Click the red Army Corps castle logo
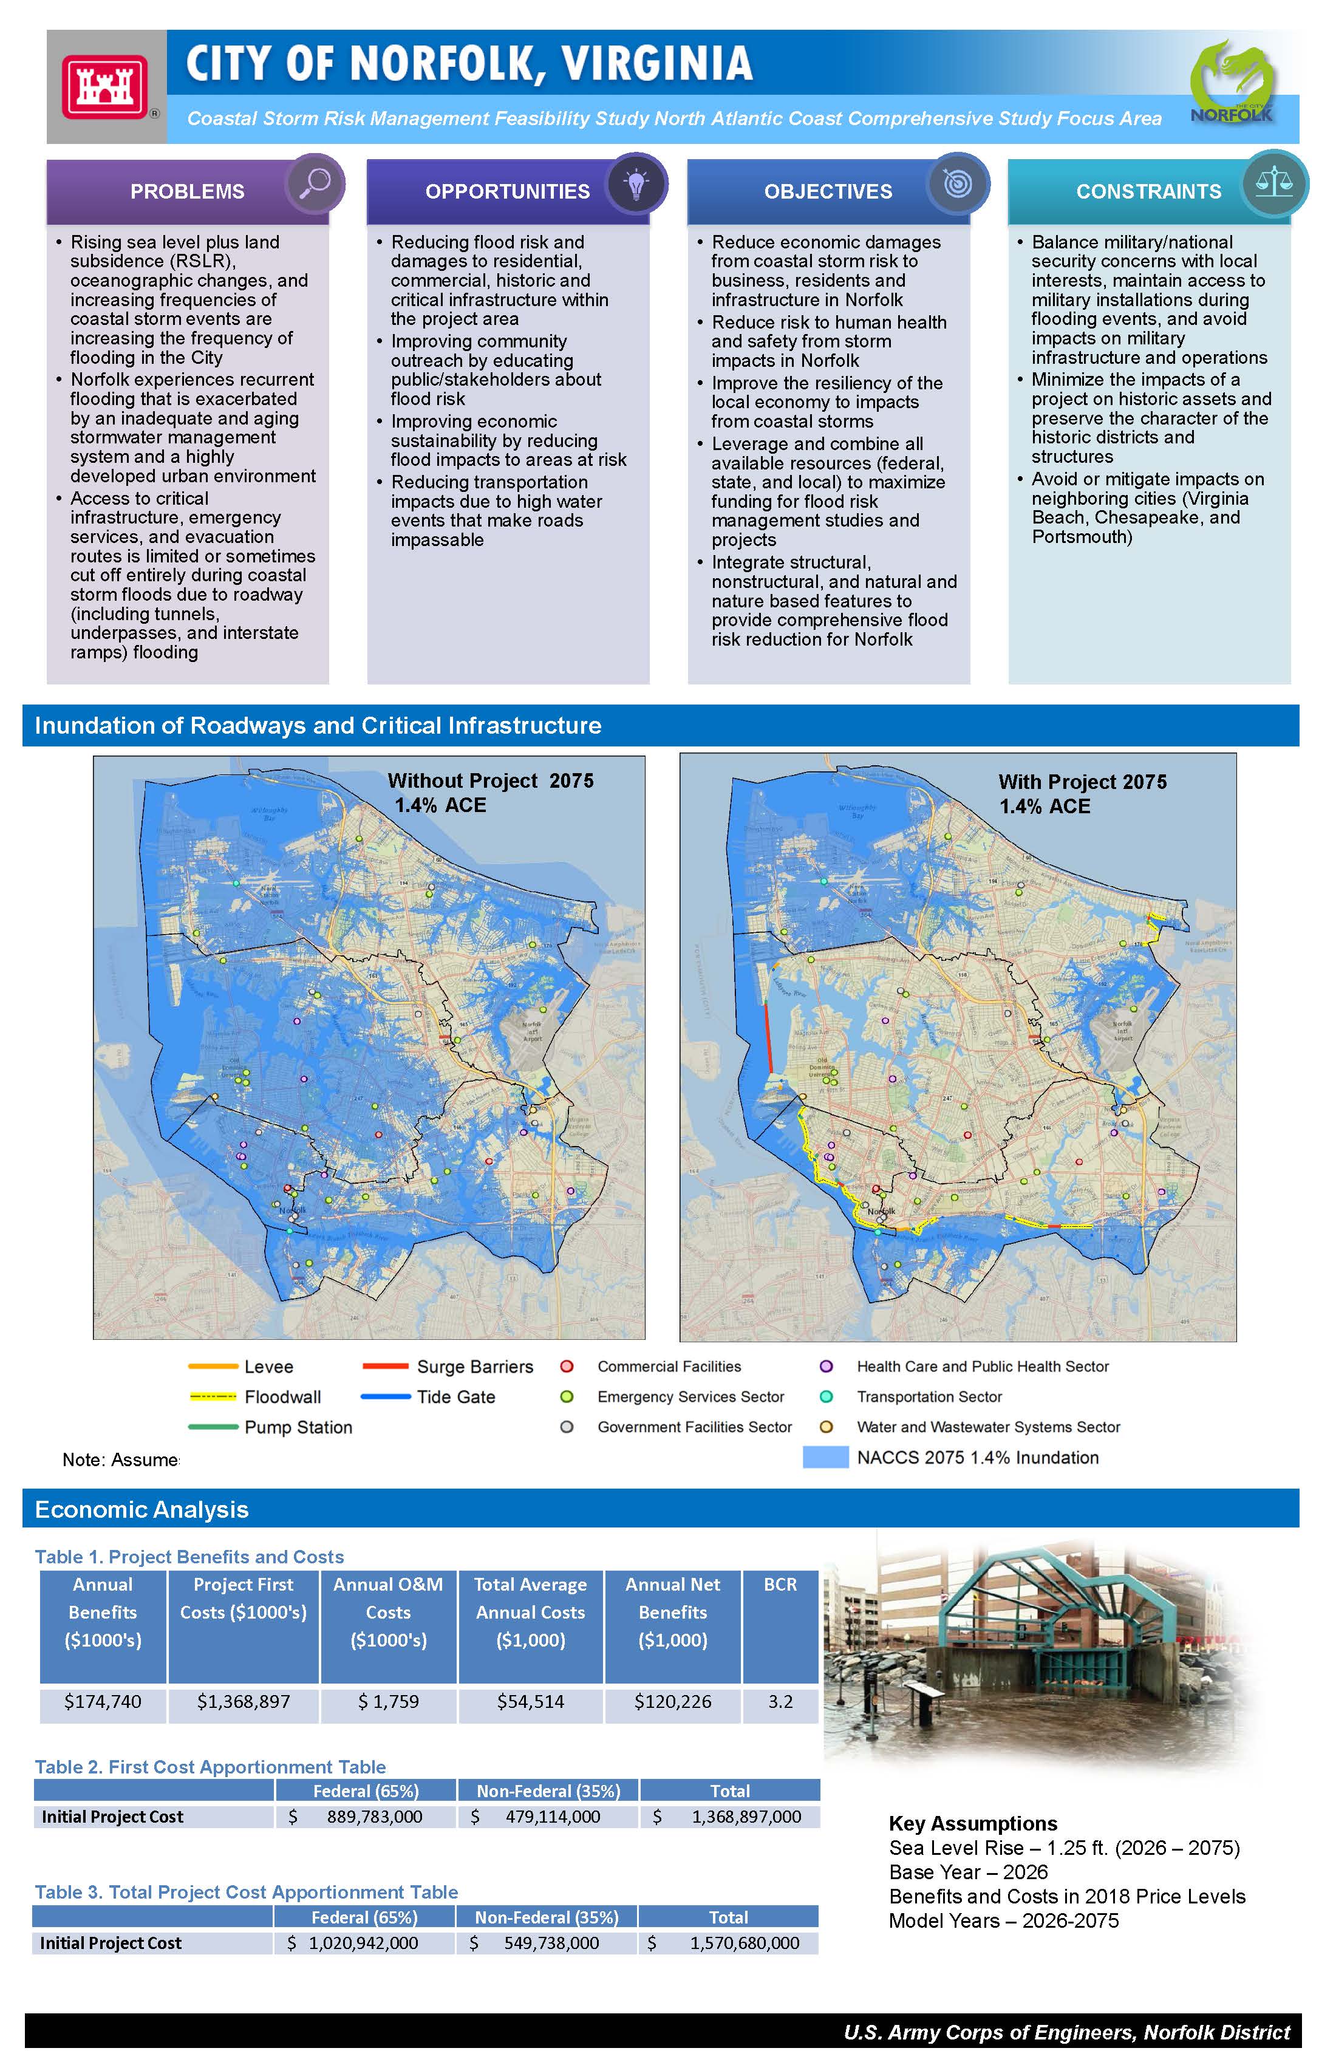(104, 86)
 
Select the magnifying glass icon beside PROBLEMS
(315, 183)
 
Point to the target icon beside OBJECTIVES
(957, 183)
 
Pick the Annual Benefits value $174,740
(103, 1701)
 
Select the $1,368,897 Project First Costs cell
(243, 1701)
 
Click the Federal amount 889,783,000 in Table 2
(374, 1817)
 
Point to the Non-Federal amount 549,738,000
(551, 1943)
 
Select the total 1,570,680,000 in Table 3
(745, 1943)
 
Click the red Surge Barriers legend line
(385, 1366)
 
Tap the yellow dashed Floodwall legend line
(213, 1396)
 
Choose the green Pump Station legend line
(213, 1427)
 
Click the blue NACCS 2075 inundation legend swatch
(825, 1457)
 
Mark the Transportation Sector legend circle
(826, 1396)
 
